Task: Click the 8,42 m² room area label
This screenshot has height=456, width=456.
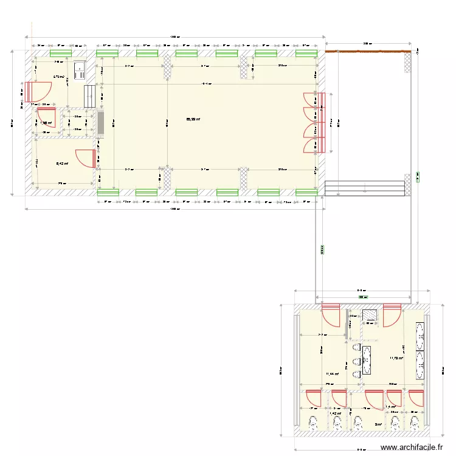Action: point(62,163)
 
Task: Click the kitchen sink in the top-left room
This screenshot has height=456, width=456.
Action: point(80,71)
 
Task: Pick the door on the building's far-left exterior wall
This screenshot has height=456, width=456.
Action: point(36,91)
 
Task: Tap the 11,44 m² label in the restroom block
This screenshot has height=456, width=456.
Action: point(333,374)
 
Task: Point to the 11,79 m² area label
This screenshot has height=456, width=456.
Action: point(397,358)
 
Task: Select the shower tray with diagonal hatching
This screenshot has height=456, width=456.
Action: point(370,315)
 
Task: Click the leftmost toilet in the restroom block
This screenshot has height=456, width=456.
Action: point(314,422)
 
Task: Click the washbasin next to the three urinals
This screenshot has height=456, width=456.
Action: point(367,359)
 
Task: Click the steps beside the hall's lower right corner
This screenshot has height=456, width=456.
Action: point(365,188)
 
